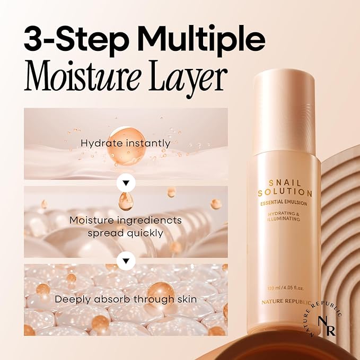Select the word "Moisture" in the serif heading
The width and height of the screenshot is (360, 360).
coord(81,78)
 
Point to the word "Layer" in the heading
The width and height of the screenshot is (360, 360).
coord(185,79)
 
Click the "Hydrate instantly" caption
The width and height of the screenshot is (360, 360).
coord(125,143)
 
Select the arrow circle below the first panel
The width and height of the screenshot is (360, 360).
coord(126,182)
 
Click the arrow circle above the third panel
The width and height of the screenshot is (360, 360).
coord(126,260)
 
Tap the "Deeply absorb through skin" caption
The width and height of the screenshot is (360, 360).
coord(126,299)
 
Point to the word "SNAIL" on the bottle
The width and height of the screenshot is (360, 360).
coord(285,181)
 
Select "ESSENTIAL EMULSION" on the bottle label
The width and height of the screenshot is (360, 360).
coord(285,202)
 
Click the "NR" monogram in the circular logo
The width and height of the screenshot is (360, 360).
coord(322,323)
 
